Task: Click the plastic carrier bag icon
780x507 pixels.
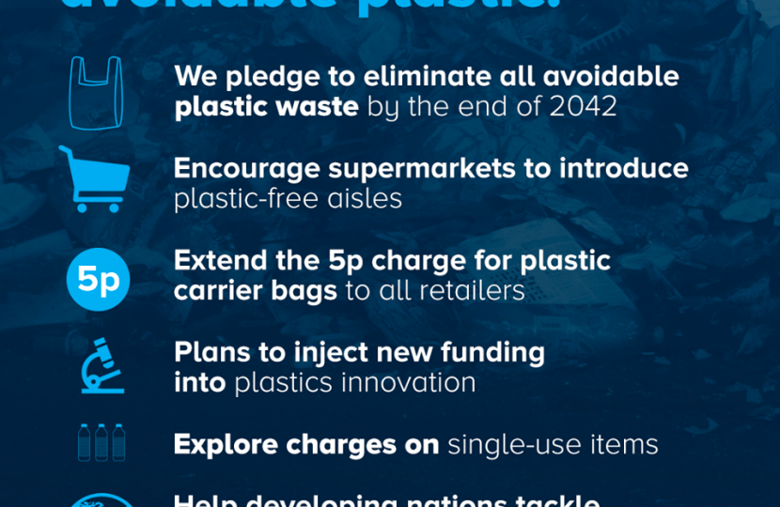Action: [x=96, y=92]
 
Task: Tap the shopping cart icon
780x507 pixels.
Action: [x=94, y=179]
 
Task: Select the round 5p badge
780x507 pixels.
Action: [x=98, y=279]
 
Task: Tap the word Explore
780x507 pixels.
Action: [x=226, y=444]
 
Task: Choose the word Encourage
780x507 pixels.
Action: [x=247, y=169]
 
